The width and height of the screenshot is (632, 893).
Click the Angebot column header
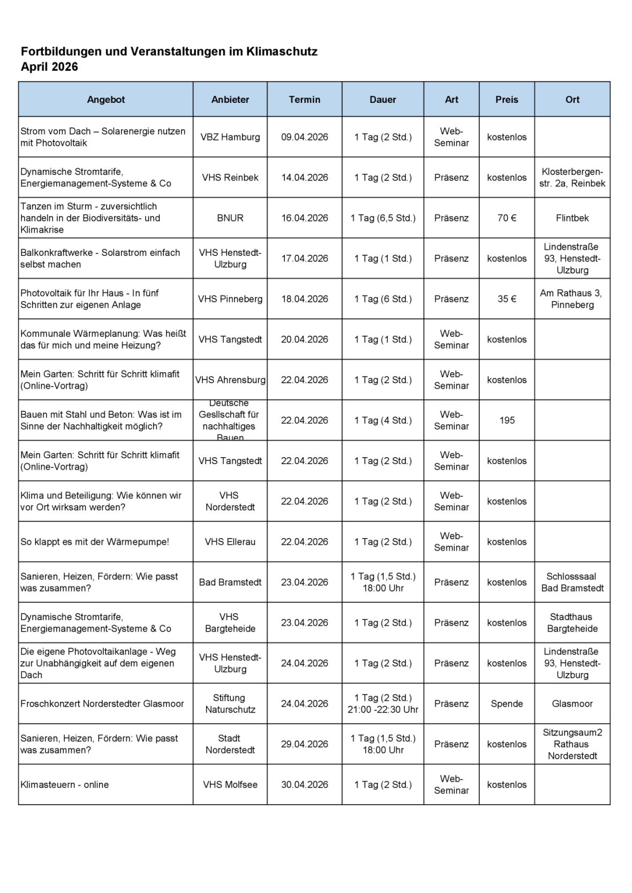(x=106, y=100)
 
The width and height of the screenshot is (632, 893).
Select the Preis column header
(x=507, y=100)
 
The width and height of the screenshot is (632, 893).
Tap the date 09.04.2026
(x=304, y=137)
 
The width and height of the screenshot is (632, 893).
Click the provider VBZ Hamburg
(x=230, y=137)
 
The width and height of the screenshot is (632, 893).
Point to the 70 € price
(x=507, y=218)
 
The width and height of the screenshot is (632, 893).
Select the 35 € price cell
(x=507, y=299)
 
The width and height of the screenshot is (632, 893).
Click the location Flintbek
(x=572, y=218)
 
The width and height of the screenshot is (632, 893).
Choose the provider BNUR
(x=230, y=218)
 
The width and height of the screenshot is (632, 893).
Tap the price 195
(x=507, y=420)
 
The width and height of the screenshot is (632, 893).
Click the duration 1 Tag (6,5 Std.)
(x=383, y=218)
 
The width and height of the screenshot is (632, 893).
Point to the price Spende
(x=507, y=703)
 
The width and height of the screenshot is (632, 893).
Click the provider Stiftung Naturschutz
(x=230, y=703)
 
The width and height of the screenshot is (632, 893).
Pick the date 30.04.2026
(x=304, y=784)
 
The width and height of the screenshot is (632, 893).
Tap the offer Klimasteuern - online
(x=65, y=784)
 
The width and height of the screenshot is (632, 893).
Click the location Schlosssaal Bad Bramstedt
(x=572, y=582)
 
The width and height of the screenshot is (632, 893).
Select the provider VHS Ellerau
(x=230, y=542)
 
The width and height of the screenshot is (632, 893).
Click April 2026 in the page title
(x=49, y=67)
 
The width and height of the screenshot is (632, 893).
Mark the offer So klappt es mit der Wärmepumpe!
(x=95, y=542)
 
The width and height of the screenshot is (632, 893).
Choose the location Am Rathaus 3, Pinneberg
(x=572, y=299)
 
